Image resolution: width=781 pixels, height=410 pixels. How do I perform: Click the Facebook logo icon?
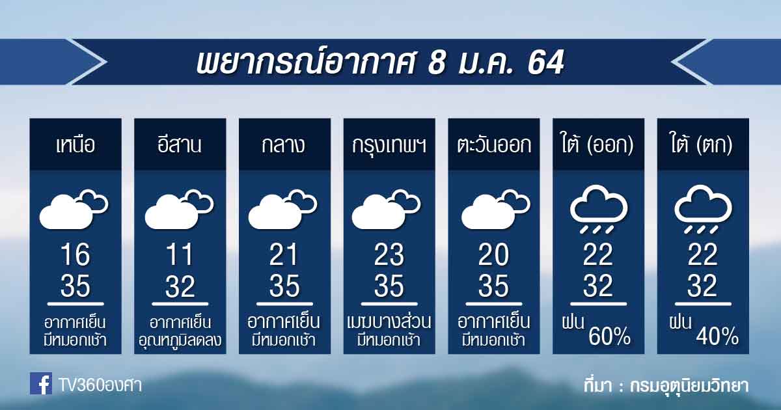(x=41, y=383)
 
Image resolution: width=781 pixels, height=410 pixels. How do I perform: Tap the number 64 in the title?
(x=545, y=62)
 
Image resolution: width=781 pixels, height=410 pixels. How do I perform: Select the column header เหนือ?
(x=75, y=144)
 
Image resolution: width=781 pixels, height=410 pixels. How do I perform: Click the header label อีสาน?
(x=180, y=144)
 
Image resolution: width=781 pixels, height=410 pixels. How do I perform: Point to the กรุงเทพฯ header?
(x=389, y=146)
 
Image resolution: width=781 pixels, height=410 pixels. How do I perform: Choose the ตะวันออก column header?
(x=494, y=144)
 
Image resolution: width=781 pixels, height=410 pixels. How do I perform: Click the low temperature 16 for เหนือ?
(x=75, y=254)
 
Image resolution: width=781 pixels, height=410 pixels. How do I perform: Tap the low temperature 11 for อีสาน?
(x=180, y=254)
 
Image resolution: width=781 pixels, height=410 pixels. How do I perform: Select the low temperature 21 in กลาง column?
(x=284, y=254)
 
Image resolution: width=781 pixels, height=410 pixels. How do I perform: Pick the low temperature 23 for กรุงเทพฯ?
(x=389, y=254)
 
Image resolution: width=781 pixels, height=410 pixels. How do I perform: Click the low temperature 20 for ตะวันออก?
(x=494, y=254)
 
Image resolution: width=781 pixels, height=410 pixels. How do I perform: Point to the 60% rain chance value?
(x=609, y=336)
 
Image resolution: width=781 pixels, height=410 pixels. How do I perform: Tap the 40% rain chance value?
(x=717, y=336)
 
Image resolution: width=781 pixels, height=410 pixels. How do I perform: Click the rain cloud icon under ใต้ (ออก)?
(x=598, y=209)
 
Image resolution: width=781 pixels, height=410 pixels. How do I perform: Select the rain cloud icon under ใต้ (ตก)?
(x=703, y=209)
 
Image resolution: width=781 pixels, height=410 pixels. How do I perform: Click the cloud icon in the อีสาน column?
(x=179, y=209)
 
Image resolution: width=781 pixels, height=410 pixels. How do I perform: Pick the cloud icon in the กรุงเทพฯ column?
(x=387, y=209)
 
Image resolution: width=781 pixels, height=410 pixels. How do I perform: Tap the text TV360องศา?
(x=100, y=385)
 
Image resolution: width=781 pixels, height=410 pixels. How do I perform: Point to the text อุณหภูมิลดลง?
(x=180, y=340)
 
